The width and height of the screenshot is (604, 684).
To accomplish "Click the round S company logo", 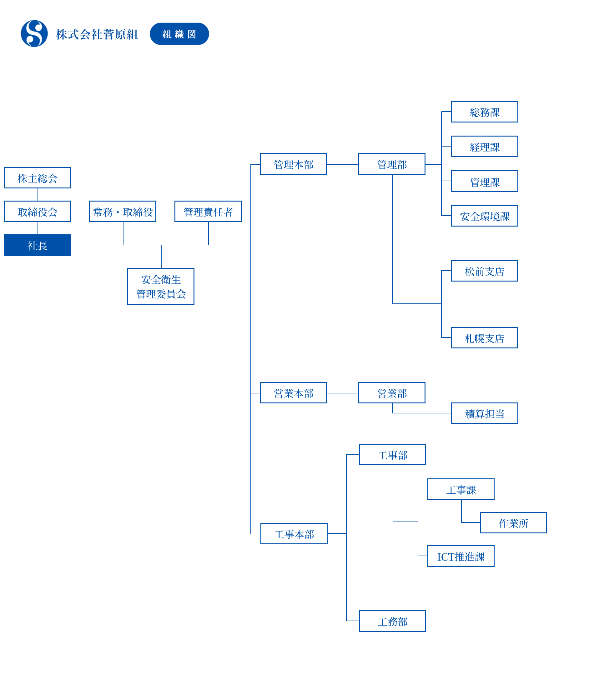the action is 34,33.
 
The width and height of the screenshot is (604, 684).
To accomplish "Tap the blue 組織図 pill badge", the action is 179,34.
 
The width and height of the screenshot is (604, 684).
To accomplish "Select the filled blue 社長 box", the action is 37,245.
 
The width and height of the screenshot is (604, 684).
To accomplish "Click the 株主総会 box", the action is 37,178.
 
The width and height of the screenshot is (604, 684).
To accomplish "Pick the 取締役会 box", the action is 37,212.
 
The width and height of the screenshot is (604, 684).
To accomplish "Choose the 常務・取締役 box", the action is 123,212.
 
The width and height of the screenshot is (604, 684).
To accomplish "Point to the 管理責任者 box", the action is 208,212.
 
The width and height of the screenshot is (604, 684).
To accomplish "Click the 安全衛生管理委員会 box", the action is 161,286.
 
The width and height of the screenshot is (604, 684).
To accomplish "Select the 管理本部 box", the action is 293,164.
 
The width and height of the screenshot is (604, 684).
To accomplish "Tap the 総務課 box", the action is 485,112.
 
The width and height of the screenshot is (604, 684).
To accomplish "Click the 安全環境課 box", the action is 485,216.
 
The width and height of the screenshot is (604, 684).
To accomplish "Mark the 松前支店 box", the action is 484,271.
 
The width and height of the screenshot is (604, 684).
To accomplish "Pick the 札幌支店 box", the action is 484,338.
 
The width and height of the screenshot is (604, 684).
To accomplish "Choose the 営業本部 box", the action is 293,392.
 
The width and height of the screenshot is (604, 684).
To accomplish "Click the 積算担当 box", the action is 485,413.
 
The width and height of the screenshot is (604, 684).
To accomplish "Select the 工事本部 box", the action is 294,533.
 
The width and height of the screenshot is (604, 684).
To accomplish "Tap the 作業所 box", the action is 513,522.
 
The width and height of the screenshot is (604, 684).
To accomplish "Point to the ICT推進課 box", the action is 461,556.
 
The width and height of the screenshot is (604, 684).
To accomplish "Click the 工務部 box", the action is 392,621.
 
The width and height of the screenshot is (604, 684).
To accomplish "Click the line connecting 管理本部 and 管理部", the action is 343,164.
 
